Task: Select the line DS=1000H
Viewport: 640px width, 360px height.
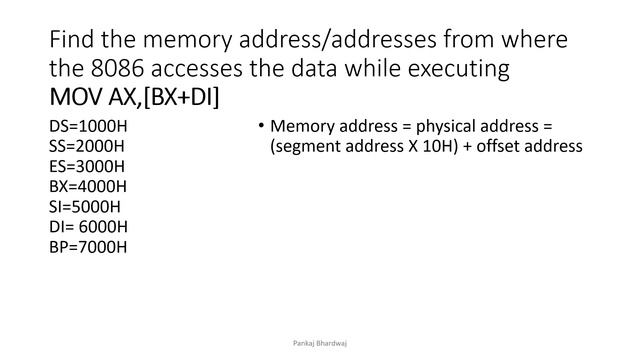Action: point(87,127)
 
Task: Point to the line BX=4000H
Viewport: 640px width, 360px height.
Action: point(88,187)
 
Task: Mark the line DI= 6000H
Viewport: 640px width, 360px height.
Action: point(88,227)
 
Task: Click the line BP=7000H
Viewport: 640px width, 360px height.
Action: point(87,247)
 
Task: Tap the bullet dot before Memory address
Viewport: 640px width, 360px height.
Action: point(259,126)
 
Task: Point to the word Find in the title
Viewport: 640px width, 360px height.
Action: point(73,41)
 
